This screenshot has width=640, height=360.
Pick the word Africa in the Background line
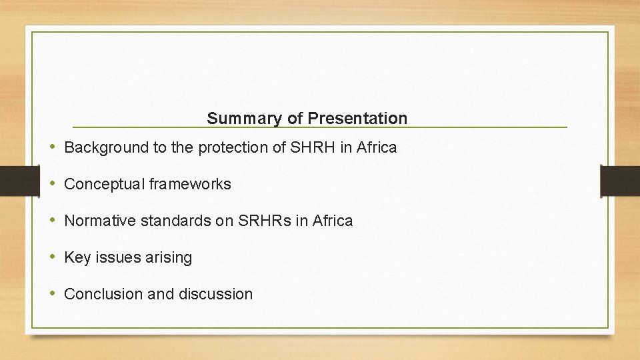coord(376,148)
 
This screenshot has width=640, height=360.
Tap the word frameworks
coord(190,185)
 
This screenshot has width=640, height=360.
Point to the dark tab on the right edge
coord(620,181)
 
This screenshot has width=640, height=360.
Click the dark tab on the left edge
coord(13,181)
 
